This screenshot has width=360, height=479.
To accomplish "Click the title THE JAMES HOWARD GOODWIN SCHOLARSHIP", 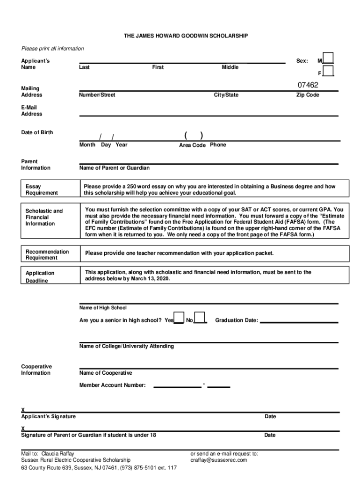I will click(x=185, y=36).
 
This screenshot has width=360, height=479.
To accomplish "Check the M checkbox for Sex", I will click(x=329, y=58).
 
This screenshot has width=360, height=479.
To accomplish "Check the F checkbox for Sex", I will click(x=329, y=71).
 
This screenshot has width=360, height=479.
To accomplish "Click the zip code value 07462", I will click(x=308, y=85).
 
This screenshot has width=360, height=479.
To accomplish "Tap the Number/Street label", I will click(x=97, y=95).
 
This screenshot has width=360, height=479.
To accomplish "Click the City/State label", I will click(x=226, y=95).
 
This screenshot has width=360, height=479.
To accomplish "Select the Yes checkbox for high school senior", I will click(x=179, y=318).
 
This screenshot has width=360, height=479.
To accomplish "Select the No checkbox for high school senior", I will click(x=200, y=318).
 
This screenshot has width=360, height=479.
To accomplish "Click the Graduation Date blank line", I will click(x=299, y=321).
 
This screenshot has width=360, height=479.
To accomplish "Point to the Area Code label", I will click(x=192, y=145).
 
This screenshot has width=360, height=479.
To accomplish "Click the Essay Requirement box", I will click(x=48, y=189).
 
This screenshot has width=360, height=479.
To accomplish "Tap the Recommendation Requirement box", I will click(x=48, y=254).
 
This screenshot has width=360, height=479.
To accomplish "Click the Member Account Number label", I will click(x=113, y=385).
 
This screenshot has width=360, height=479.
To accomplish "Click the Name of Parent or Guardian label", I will click(x=115, y=168).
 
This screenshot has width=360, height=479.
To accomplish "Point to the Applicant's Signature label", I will click(x=48, y=416).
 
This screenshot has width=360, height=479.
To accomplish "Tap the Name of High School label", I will click(x=103, y=308).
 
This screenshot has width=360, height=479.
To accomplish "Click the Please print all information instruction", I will click(x=52, y=49).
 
